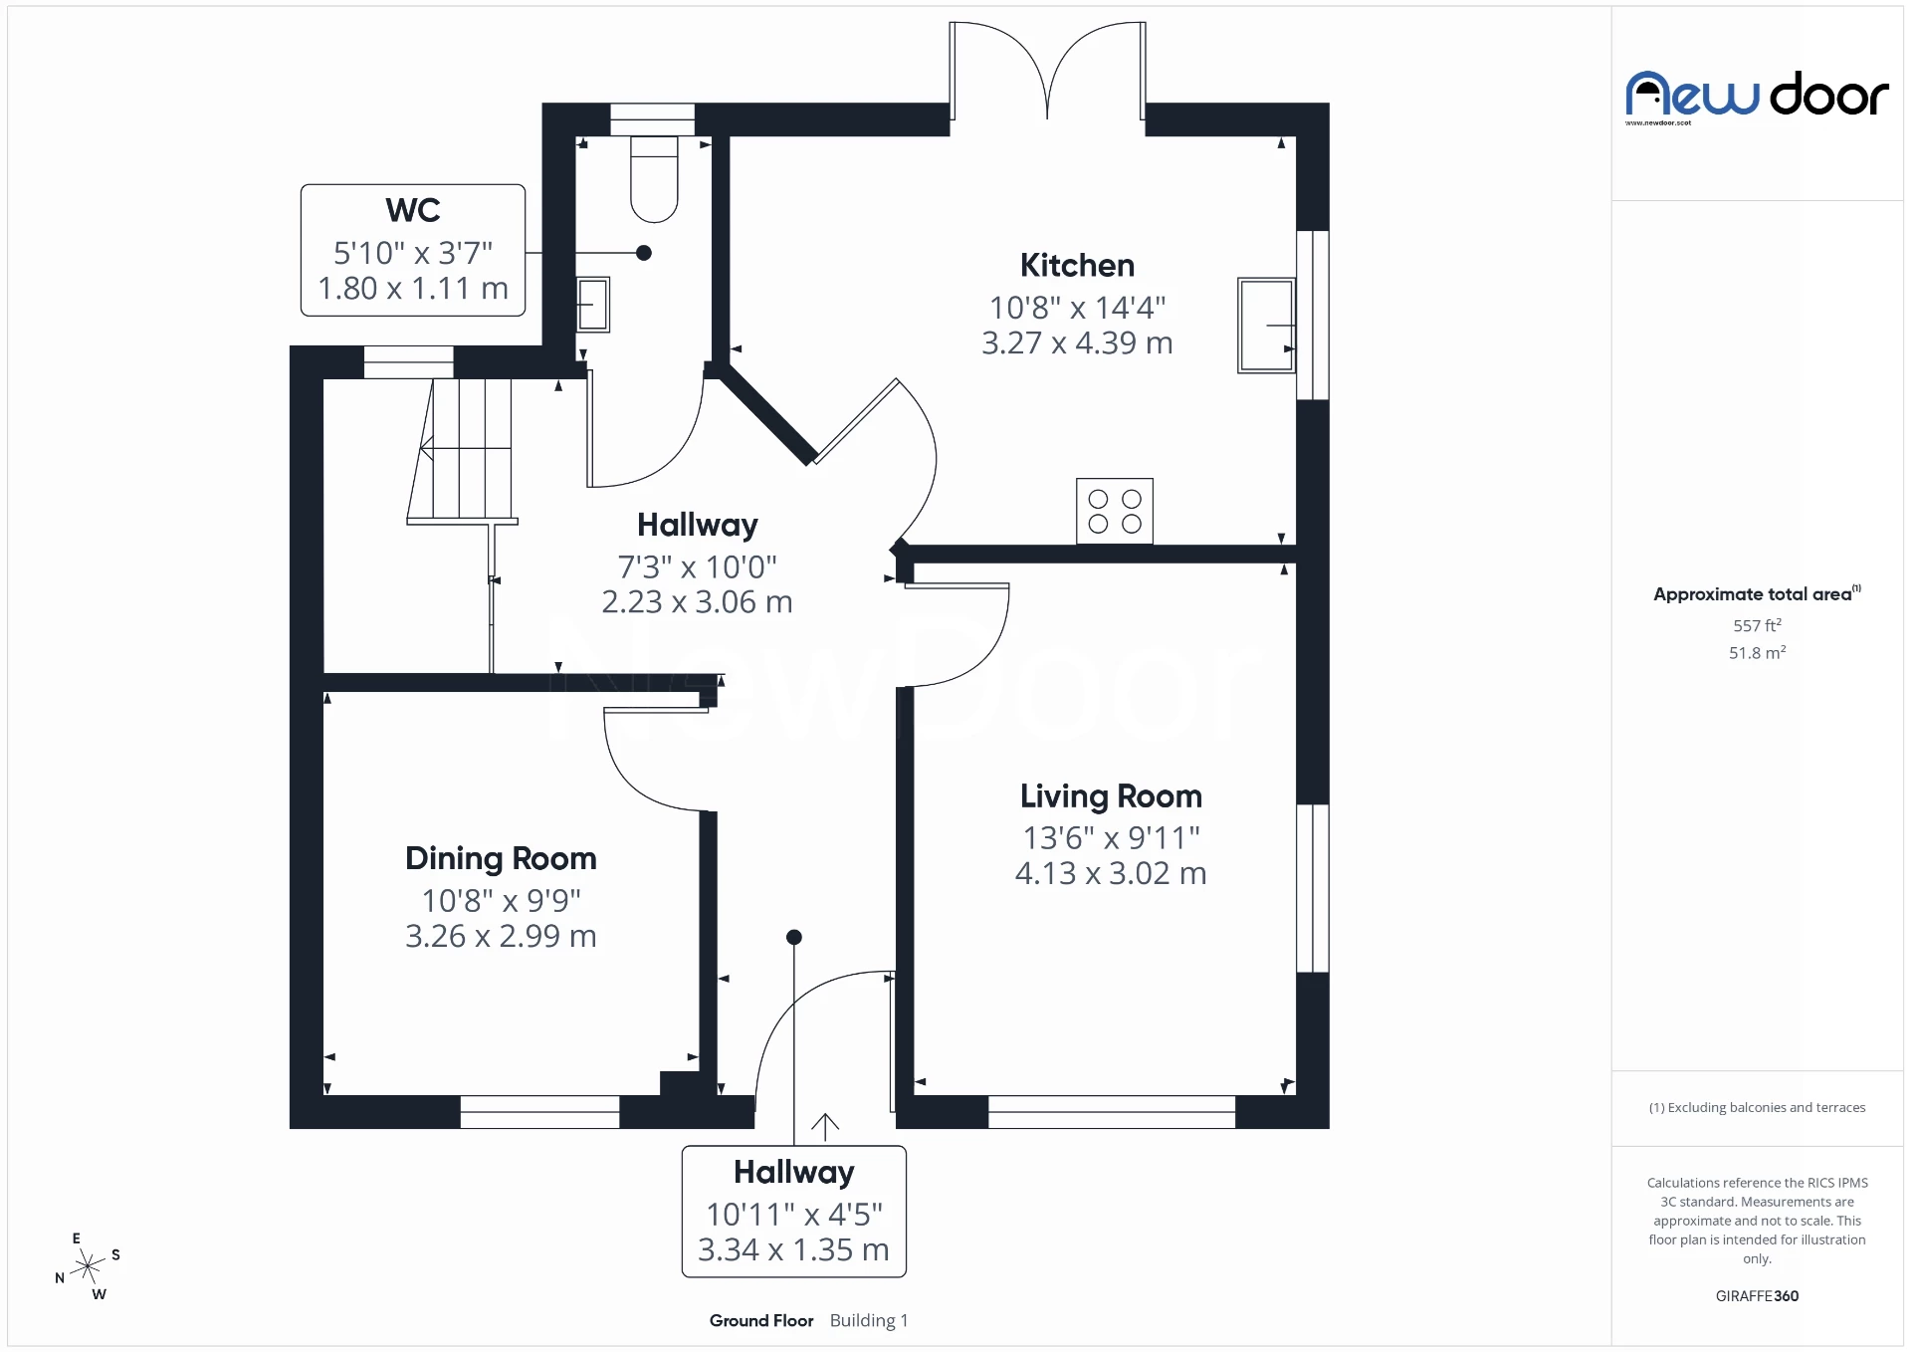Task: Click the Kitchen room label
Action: (1077, 266)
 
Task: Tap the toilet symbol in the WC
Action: (654, 179)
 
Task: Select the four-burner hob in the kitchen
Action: (1114, 511)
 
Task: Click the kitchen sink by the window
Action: (1265, 326)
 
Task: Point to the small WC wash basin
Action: (592, 304)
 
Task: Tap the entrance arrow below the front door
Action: (825, 1126)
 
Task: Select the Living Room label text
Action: (1111, 796)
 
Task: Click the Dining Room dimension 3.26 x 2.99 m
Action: (501, 936)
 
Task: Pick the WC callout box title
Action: (413, 211)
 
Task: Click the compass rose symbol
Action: (89, 1266)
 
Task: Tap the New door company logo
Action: (1757, 97)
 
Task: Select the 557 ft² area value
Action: (1757, 625)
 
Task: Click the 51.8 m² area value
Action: (1757, 653)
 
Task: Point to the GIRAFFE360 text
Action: (1757, 1295)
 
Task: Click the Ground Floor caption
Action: (761, 1320)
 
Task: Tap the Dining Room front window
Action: (539, 1112)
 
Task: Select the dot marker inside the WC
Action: (644, 253)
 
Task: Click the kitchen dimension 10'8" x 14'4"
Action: (1077, 308)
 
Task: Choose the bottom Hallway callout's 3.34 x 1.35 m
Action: (793, 1249)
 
